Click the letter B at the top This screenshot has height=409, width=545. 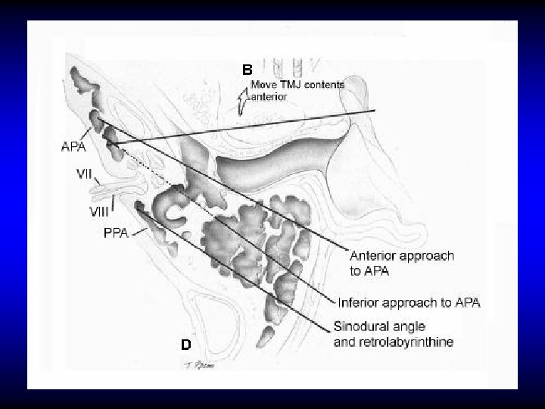click(x=248, y=70)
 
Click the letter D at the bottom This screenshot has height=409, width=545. click(x=185, y=345)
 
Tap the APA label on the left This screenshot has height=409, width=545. click(x=73, y=147)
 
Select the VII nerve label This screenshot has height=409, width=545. click(x=85, y=173)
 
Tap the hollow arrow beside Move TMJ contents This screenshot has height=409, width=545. click(x=242, y=99)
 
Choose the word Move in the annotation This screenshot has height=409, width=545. click(x=265, y=85)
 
